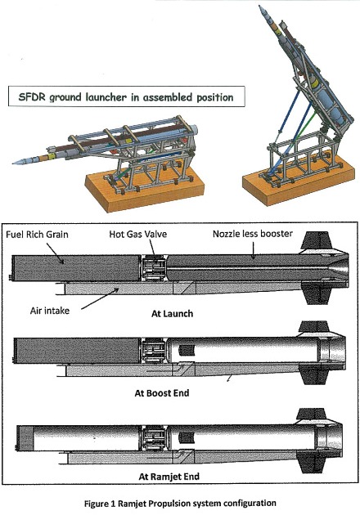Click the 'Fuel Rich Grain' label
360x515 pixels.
pos(37,235)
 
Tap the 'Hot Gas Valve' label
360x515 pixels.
pos(138,234)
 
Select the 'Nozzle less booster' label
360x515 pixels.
pos(253,234)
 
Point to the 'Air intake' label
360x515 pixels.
pos(50,311)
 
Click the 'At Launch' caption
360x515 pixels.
pos(172,314)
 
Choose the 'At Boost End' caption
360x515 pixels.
pos(162,393)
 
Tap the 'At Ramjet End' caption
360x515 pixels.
pos(169,477)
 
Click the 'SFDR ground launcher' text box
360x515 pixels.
pos(127,96)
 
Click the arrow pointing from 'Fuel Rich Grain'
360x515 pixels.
pos(56,253)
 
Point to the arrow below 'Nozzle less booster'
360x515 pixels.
pos(253,251)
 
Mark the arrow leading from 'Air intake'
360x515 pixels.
pos(100,298)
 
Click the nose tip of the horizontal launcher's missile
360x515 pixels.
pos(13,163)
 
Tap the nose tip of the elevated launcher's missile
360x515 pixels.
pos(259,6)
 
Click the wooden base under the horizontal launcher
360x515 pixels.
pos(145,189)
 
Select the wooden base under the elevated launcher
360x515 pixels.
pos(299,182)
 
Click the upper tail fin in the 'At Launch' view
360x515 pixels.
pos(317,240)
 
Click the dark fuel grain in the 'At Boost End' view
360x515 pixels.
pos(78,351)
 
